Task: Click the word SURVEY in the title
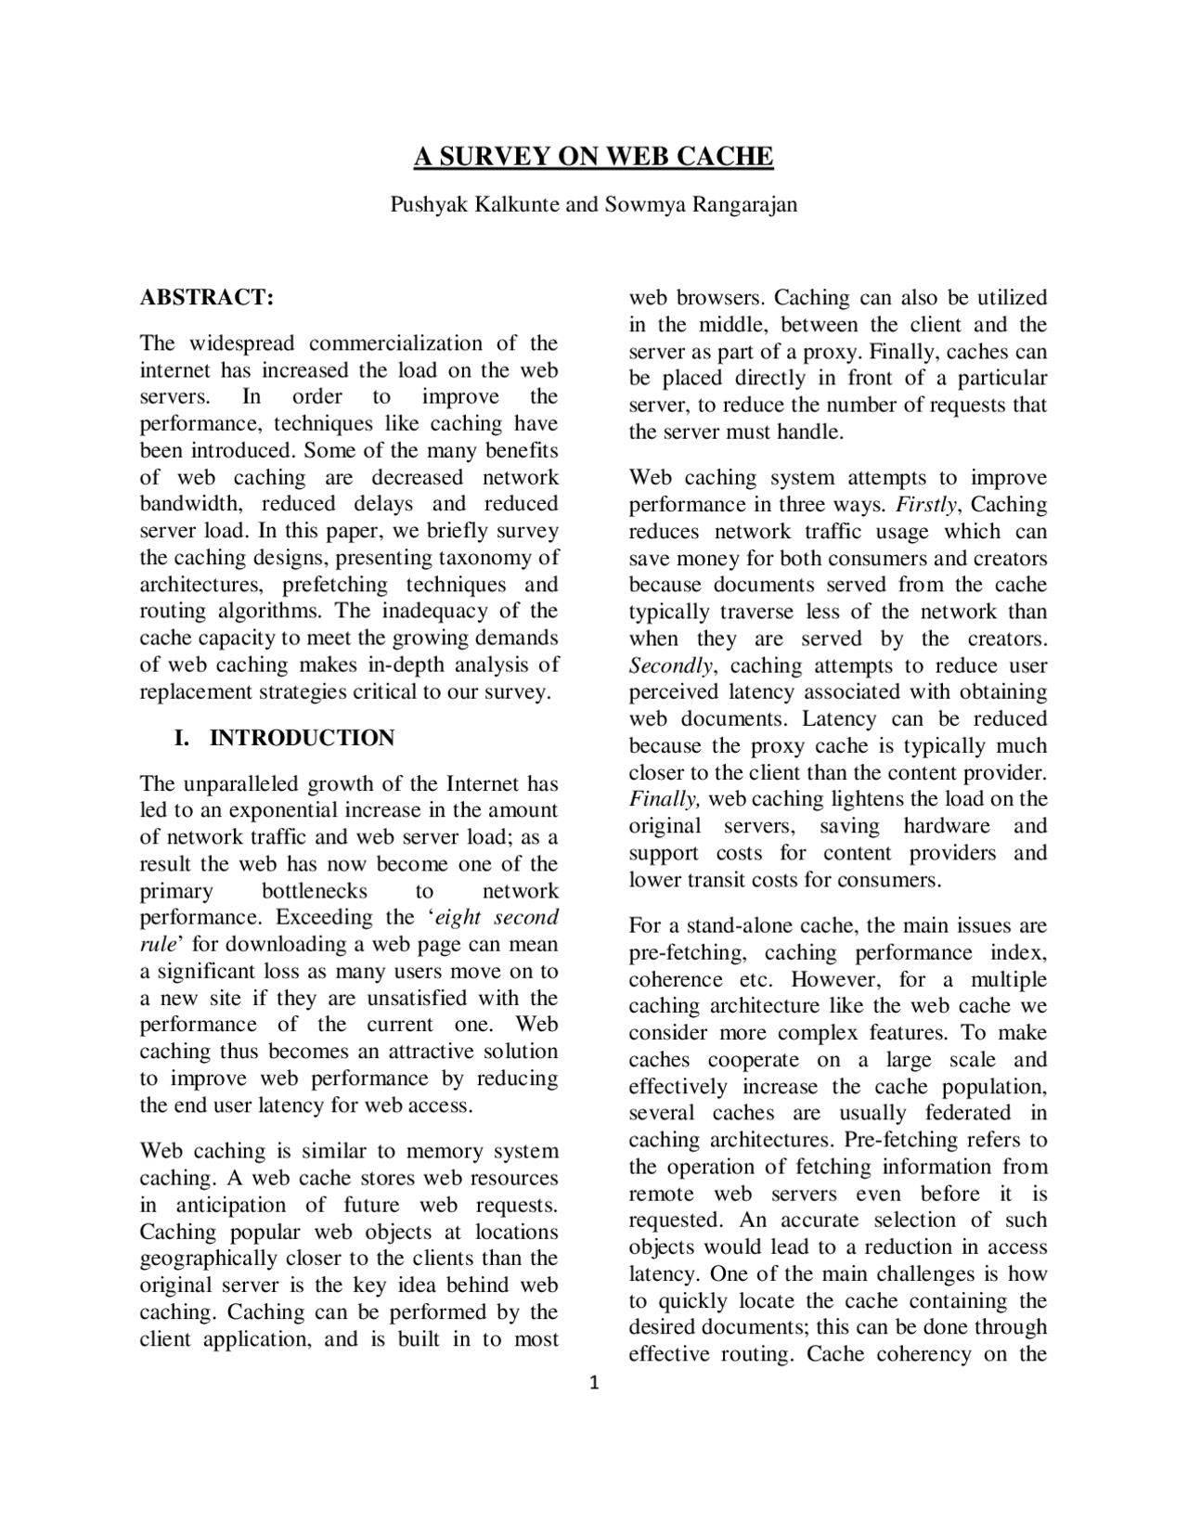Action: coord(490,156)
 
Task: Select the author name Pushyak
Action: coord(430,204)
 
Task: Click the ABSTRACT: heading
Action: coord(207,298)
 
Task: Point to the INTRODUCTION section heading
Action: coord(302,738)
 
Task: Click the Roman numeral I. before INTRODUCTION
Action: coord(182,738)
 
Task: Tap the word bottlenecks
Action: coord(314,891)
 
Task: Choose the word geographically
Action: coord(208,1259)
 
